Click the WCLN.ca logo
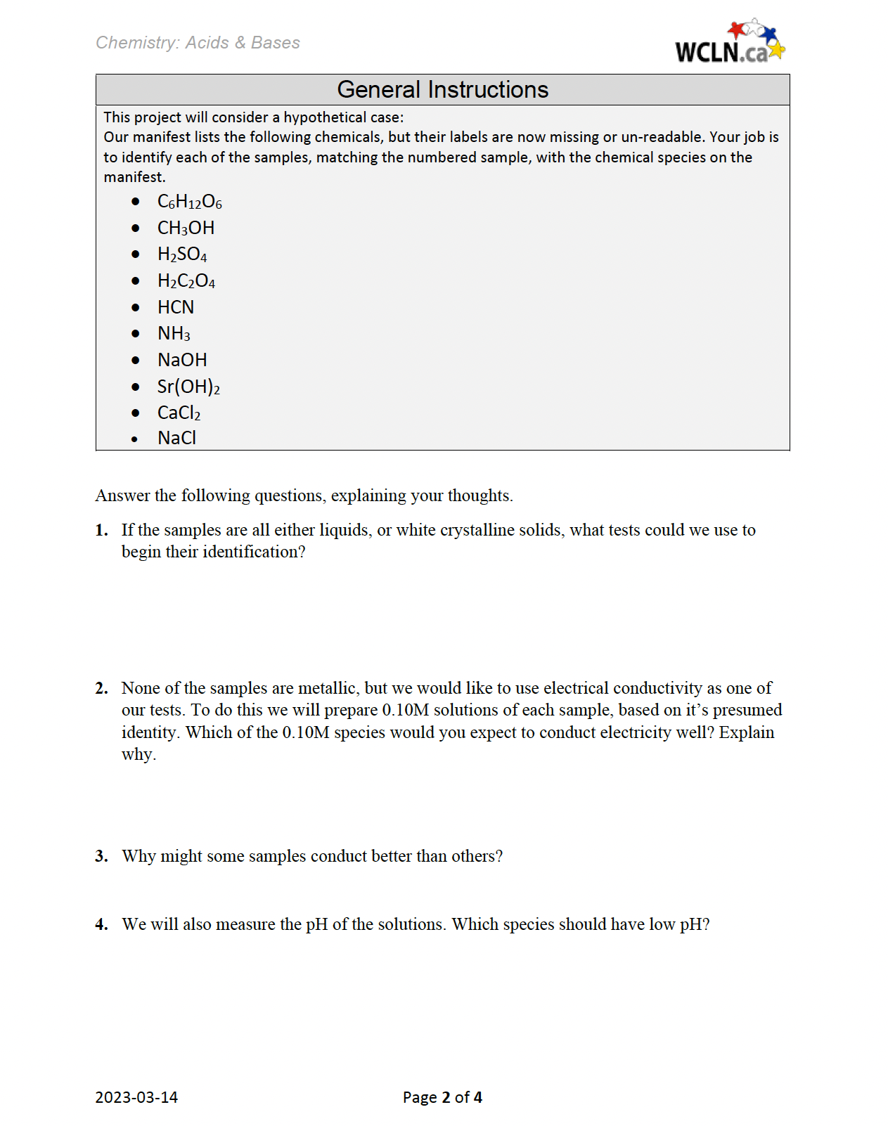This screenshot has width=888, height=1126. pyautogui.click(x=729, y=43)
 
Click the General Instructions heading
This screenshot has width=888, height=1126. pyautogui.click(x=442, y=90)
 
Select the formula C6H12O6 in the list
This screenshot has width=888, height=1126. pyautogui.click(x=189, y=202)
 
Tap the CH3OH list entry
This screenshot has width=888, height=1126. pyautogui.click(x=186, y=228)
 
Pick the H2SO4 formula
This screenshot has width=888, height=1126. pyautogui.click(x=182, y=254)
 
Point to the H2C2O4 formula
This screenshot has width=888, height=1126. pyautogui.click(x=186, y=281)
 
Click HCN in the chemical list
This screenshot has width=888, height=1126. pyautogui.click(x=176, y=307)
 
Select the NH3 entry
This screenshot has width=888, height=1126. pyautogui.click(x=174, y=334)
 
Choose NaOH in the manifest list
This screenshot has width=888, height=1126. pyautogui.click(x=182, y=360)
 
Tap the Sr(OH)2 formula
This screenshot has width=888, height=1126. pyautogui.click(x=188, y=387)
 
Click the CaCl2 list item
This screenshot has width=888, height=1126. pyautogui.click(x=179, y=413)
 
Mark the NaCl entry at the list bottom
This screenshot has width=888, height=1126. pyautogui.click(x=176, y=438)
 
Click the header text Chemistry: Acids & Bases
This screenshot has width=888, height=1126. pyautogui.click(x=198, y=43)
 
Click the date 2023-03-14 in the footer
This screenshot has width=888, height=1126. pyautogui.click(x=136, y=1097)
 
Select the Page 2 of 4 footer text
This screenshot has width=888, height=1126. pyautogui.click(x=442, y=1097)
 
